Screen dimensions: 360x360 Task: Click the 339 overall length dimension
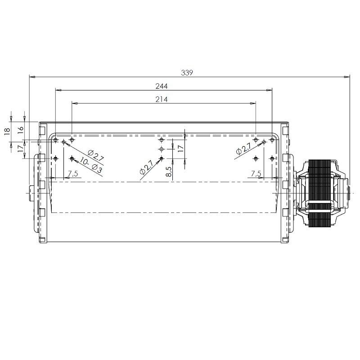[187, 72]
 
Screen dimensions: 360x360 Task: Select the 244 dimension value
[162, 86]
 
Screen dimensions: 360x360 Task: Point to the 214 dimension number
[162, 99]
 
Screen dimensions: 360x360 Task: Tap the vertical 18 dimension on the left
[7, 131]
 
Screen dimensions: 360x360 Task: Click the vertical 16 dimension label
[21, 129]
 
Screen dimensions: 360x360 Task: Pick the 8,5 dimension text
[169, 171]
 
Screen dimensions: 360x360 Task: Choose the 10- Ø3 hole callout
[91, 165]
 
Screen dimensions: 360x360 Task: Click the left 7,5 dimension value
[73, 173]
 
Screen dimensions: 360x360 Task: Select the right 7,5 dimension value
[256, 173]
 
